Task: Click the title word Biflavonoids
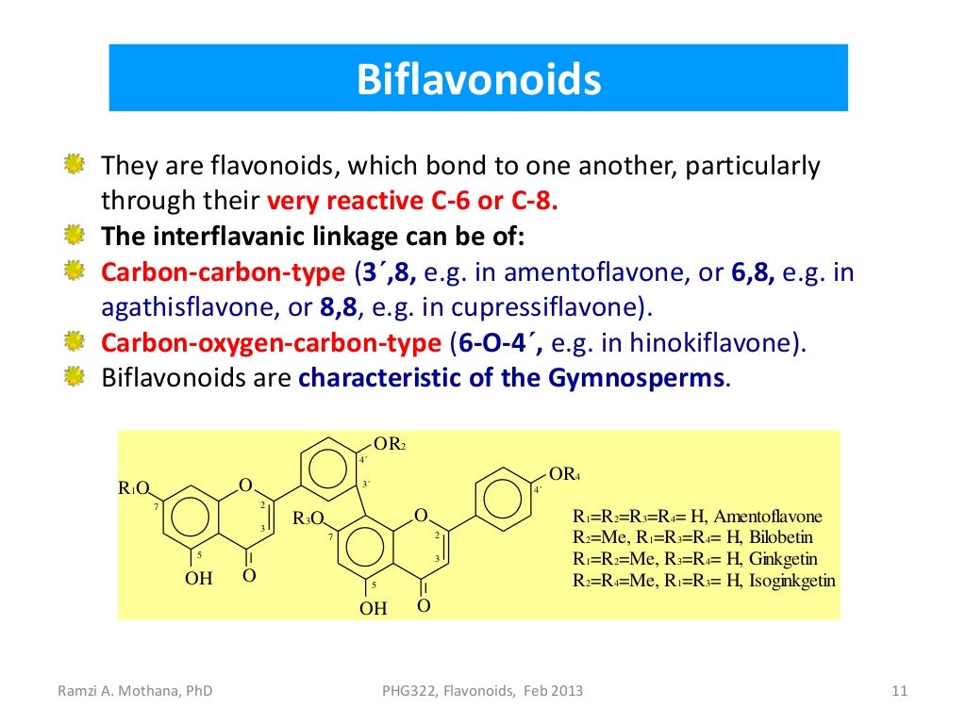[478, 80]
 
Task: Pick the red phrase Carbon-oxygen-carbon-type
[271, 342]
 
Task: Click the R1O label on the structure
[133, 488]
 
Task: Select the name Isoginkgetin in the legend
[792, 581]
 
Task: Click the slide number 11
[899, 691]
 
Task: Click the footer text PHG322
[401, 691]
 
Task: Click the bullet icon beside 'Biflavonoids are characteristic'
[75, 378]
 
